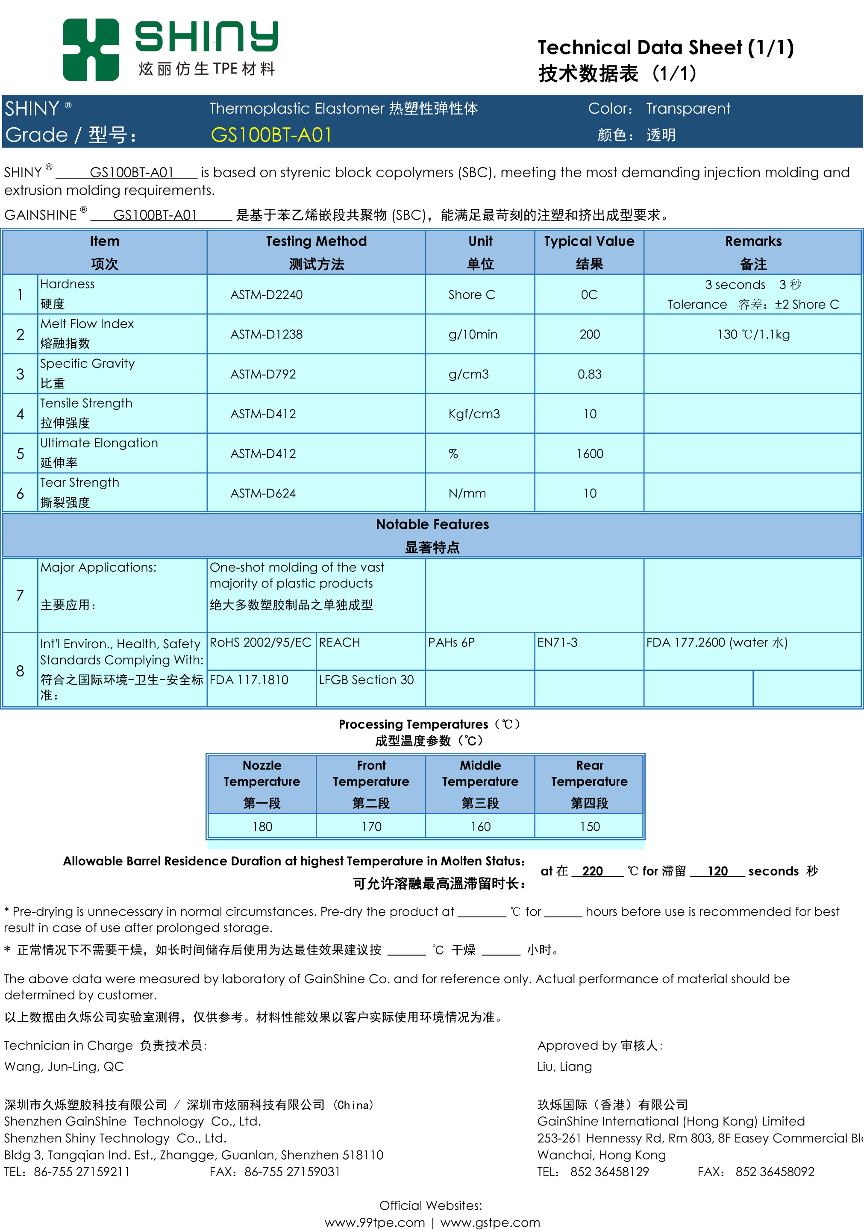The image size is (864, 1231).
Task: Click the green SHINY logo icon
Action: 91,50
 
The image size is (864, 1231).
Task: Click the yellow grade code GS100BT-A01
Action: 271,135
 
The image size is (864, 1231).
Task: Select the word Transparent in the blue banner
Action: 688,109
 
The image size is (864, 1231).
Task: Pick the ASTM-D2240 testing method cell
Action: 267,295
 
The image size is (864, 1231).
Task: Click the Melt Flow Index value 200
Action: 589,335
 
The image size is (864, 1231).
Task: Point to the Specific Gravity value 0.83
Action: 589,374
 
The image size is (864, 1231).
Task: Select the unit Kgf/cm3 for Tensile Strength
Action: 474,414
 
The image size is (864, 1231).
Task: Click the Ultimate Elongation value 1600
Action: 589,454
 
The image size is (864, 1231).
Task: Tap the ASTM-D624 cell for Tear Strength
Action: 263,493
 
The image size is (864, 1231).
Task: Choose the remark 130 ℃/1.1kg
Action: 753,335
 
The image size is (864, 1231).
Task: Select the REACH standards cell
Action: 339,642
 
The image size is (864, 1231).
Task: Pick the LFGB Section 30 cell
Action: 366,680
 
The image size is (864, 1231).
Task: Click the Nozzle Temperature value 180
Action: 262,827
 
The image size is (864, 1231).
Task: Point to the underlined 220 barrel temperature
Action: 593,871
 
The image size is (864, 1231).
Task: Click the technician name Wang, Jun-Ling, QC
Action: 64,1066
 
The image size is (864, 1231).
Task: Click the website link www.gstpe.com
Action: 490,1222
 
